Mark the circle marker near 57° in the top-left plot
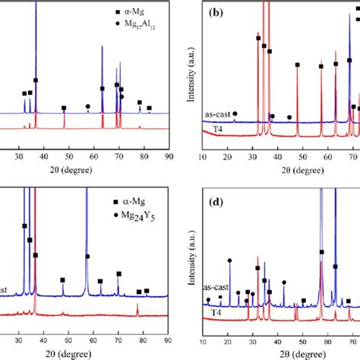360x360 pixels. click(88, 106)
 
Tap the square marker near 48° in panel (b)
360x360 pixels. click(297, 65)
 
